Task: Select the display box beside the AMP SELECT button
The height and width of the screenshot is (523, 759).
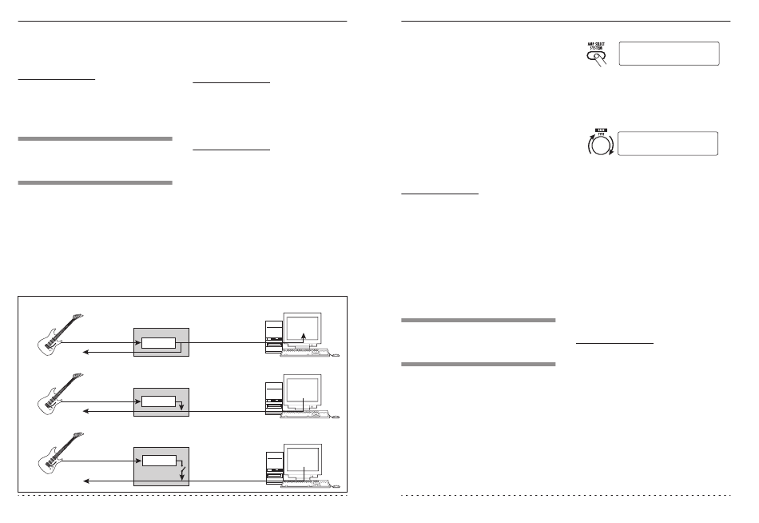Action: pyautogui.click(x=669, y=54)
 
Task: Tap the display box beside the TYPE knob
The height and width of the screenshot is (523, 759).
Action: pyautogui.click(x=669, y=143)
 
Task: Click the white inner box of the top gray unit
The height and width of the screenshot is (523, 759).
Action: pyautogui.click(x=159, y=343)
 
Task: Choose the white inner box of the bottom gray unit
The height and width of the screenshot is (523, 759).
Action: pyautogui.click(x=160, y=460)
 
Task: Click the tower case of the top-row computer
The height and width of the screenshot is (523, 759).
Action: pyautogui.click(x=274, y=337)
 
